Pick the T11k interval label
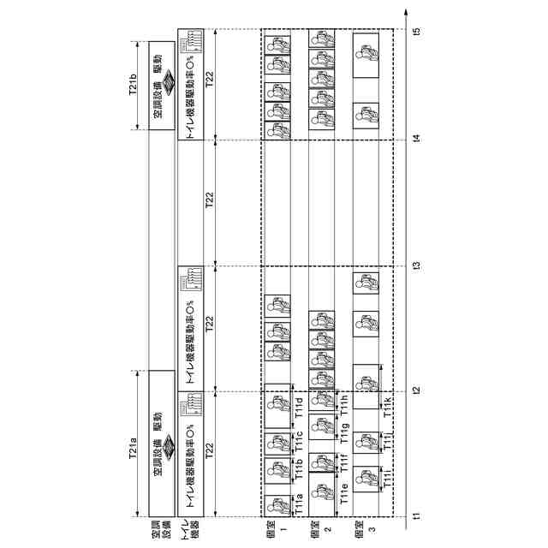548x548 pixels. click(387, 408)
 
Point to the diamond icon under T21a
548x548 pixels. click(167, 445)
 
